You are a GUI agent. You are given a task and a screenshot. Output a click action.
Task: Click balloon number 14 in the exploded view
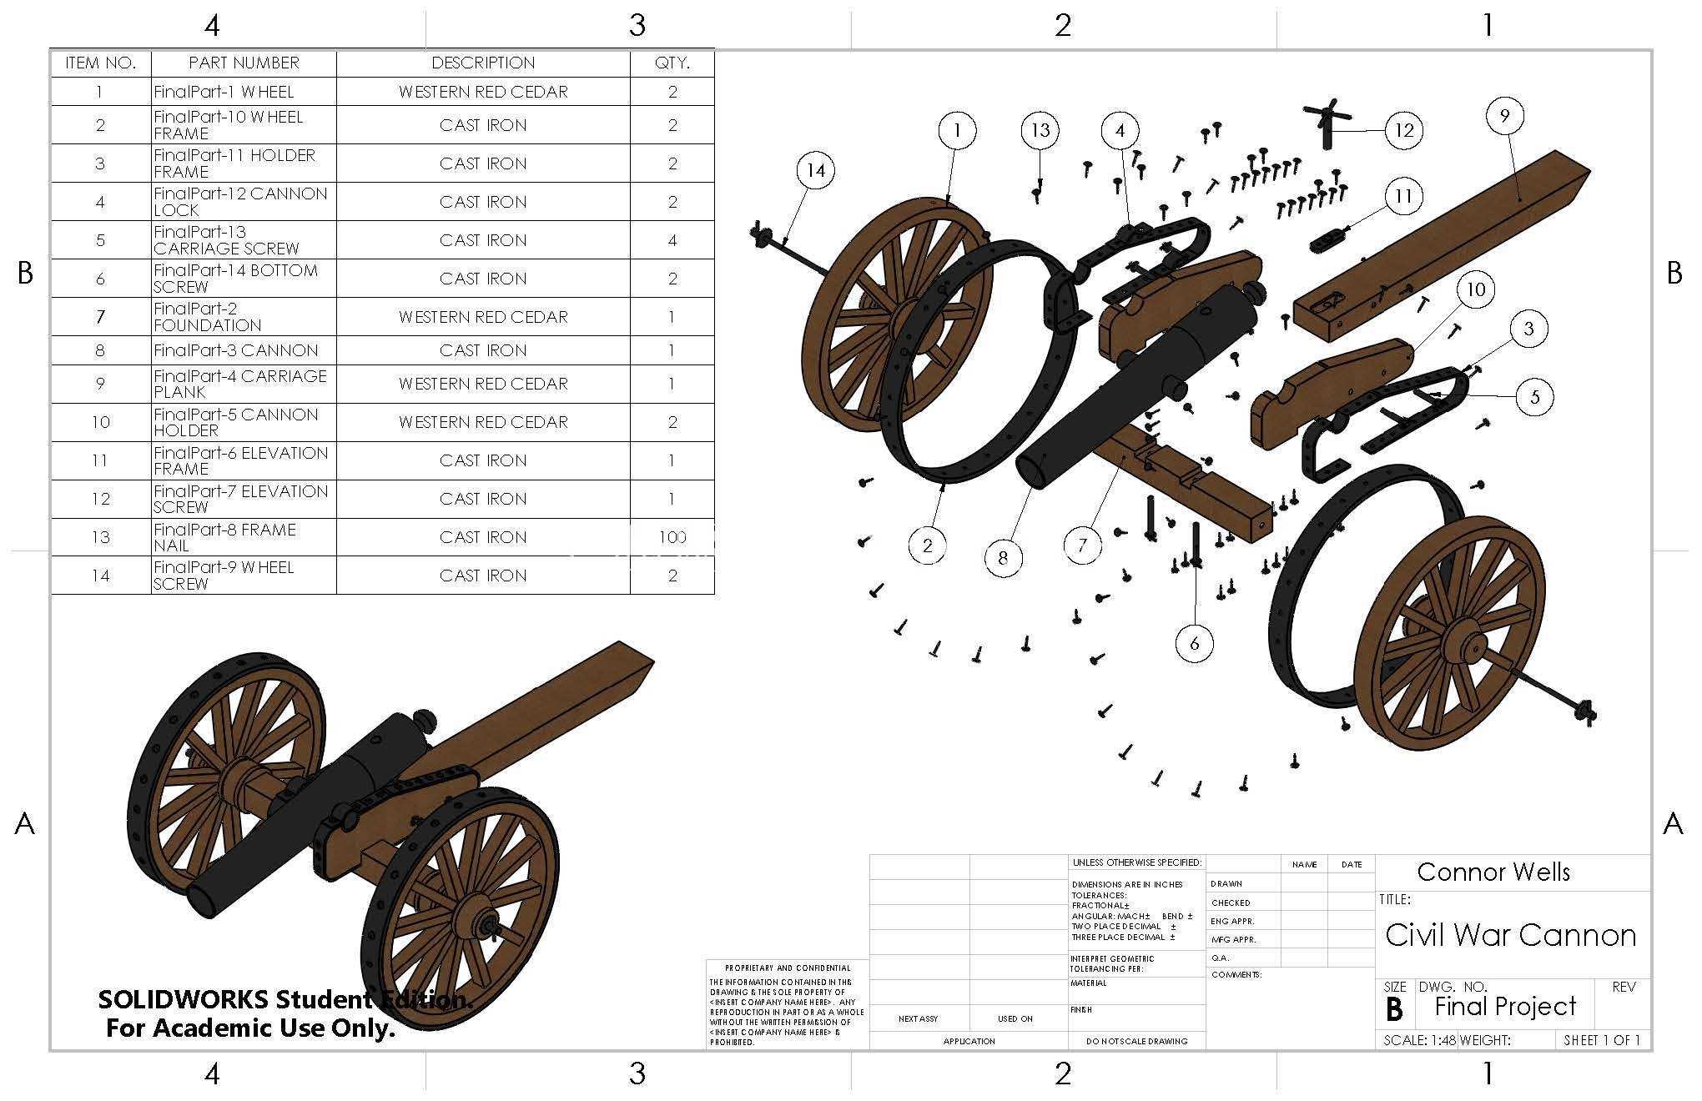click(x=815, y=171)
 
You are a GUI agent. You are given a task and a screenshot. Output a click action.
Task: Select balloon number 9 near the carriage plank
click(x=1504, y=116)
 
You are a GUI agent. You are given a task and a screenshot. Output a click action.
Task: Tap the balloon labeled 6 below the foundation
click(x=1195, y=643)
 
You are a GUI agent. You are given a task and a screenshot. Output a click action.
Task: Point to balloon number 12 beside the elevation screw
click(x=1404, y=130)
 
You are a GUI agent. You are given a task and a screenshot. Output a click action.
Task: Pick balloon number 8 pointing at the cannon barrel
click(x=1003, y=557)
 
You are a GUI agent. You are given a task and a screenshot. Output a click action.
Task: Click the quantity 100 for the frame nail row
click(x=672, y=537)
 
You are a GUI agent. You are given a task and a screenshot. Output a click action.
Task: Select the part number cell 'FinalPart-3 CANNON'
click(x=236, y=350)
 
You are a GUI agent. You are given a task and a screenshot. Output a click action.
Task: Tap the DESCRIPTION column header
click(x=483, y=63)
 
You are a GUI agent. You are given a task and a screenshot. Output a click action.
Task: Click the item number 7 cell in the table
click(x=100, y=317)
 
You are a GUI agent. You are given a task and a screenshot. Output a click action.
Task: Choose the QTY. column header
click(x=672, y=63)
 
